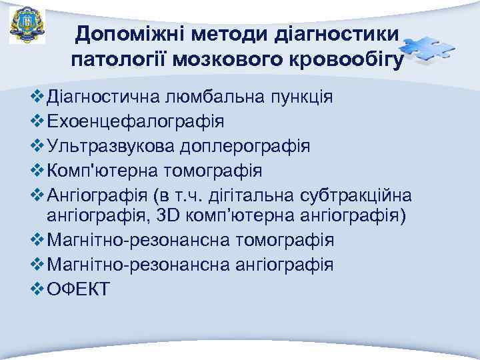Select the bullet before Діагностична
click(x=38, y=98)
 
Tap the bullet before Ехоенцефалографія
click(x=38, y=122)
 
